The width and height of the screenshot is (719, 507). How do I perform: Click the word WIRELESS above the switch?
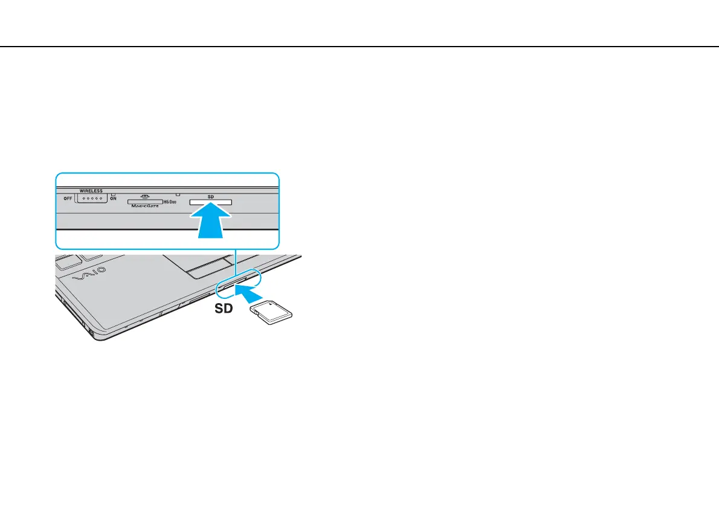91,191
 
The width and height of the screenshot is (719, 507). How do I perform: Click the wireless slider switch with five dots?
91,198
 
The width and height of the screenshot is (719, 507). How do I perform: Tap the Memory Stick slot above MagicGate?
144,201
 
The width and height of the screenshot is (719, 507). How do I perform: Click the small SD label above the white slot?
211,197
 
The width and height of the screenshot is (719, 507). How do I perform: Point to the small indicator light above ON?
113,194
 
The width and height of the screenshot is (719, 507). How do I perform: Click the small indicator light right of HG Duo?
178,195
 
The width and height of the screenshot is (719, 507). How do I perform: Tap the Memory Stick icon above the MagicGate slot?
144,195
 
